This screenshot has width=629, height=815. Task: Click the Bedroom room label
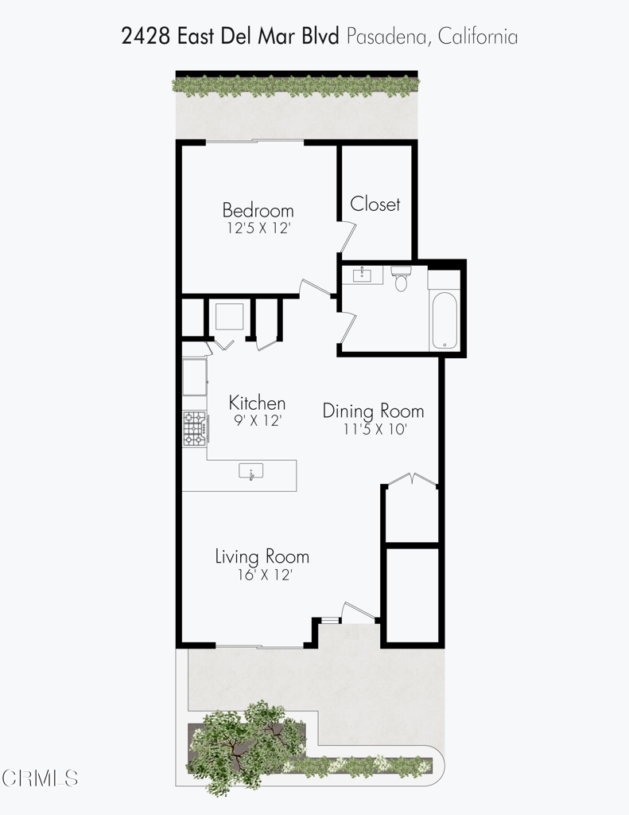click(258, 211)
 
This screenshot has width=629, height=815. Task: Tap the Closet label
click(375, 205)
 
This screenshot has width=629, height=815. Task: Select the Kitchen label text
click(257, 403)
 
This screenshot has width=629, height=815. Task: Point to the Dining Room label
click(373, 411)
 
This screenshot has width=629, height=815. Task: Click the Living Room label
click(262, 556)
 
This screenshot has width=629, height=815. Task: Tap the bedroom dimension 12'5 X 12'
click(258, 228)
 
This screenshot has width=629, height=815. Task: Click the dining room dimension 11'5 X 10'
click(372, 428)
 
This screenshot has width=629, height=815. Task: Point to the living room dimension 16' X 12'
click(261, 573)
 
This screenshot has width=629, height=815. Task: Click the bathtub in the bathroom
click(444, 321)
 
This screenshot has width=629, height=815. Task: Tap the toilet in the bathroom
click(401, 280)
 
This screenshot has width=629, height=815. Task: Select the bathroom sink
click(363, 275)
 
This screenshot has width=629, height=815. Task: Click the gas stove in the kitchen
click(194, 428)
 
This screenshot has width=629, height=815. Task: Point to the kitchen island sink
click(251, 472)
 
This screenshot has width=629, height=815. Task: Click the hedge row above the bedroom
click(296, 84)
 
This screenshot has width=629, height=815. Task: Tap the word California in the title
click(475, 36)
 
